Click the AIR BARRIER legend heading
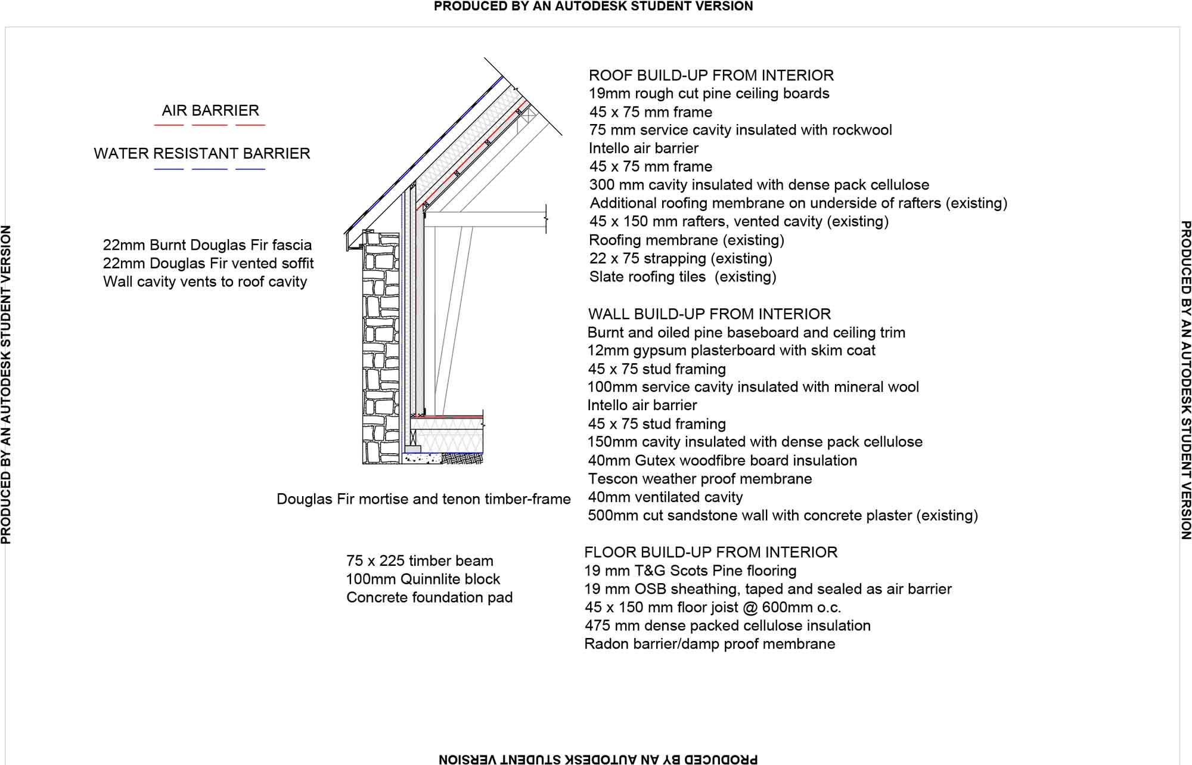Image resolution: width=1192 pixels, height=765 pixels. pyautogui.click(x=210, y=110)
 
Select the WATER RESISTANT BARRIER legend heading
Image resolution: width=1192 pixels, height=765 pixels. pyautogui.click(x=202, y=153)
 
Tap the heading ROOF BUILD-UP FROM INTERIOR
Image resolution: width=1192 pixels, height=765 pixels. pyautogui.click(x=711, y=75)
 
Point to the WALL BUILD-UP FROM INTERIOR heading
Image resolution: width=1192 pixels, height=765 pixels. pyautogui.click(x=709, y=314)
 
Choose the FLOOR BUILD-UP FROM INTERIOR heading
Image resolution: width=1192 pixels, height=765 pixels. pyautogui.click(x=710, y=552)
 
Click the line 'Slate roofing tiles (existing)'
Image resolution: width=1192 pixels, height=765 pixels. pyautogui.click(x=682, y=277)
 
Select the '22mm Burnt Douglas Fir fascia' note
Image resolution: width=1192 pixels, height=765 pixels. pyautogui.click(x=207, y=245)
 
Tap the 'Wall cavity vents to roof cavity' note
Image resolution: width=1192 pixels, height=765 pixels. pyautogui.click(x=205, y=281)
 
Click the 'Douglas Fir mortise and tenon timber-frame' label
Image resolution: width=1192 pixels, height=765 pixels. pyautogui.click(x=423, y=499)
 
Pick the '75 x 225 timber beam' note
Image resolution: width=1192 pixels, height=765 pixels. pyautogui.click(x=420, y=561)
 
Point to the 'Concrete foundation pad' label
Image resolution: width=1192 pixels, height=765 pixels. pyautogui.click(x=429, y=597)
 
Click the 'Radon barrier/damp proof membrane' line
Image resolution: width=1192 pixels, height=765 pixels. pyautogui.click(x=709, y=644)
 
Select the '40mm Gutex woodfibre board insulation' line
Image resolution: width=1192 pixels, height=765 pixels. pyautogui.click(x=722, y=460)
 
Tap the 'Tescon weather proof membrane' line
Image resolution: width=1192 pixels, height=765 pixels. pyautogui.click(x=700, y=479)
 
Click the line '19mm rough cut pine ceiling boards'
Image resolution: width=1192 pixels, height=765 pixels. pyautogui.click(x=709, y=94)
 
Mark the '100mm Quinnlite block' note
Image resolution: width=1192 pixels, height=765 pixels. pyautogui.click(x=423, y=579)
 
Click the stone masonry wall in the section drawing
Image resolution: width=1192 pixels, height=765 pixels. pyautogui.click(x=381, y=346)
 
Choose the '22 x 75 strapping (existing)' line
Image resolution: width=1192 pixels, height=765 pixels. pyautogui.click(x=681, y=258)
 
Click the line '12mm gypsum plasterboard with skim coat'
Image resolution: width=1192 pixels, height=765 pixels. pyautogui.click(x=731, y=351)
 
